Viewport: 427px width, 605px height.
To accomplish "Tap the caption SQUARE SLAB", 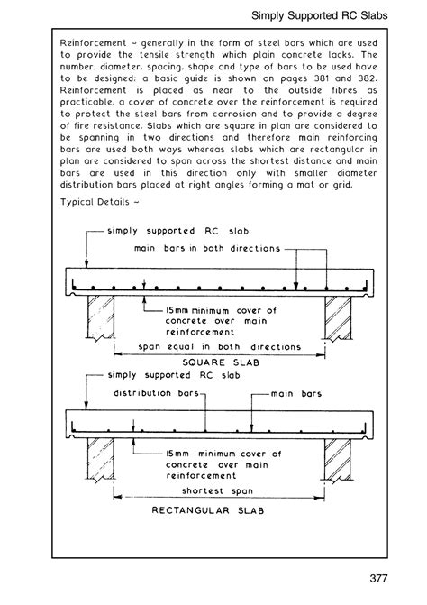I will coord(214,364).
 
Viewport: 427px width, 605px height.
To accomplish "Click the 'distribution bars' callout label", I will coord(149,393).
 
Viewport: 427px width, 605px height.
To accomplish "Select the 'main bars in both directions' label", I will coord(206,247).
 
